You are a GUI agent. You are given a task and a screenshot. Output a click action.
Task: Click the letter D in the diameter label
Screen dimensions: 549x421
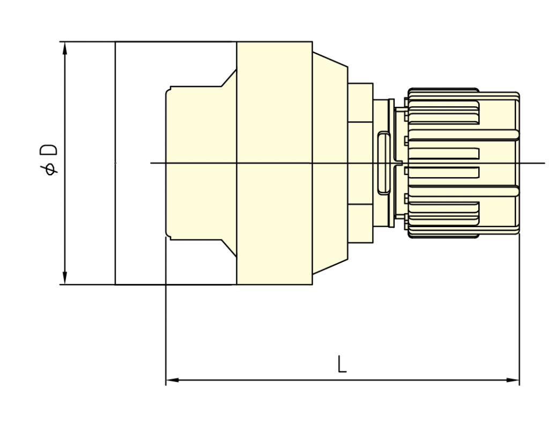(x=48, y=150)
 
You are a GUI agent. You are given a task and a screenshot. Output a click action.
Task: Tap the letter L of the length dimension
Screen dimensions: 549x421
(x=342, y=364)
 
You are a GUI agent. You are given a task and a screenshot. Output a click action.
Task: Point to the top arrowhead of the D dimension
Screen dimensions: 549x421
(x=64, y=48)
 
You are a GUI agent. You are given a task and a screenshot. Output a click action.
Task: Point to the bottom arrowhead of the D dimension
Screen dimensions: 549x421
(x=64, y=278)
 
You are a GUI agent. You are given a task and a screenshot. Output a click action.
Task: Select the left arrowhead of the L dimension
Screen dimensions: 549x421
(x=173, y=380)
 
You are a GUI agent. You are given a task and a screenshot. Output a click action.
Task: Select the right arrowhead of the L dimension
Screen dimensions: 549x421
(x=513, y=380)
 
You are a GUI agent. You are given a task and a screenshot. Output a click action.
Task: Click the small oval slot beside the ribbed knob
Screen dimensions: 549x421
(x=383, y=163)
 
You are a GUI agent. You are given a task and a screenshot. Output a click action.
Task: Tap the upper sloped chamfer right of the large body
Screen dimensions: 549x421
(x=330, y=60)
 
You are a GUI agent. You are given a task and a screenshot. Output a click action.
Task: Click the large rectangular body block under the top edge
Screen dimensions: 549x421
(x=274, y=163)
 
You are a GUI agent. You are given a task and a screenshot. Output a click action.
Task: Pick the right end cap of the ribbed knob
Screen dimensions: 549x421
(x=517, y=163)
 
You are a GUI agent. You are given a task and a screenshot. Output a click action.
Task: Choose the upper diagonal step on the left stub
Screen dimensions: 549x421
(x=228, y=77)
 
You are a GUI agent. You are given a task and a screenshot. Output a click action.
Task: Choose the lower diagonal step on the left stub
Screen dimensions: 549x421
(x=228, y=248)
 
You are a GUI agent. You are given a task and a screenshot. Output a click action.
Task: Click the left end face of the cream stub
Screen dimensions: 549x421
(x=166, y=163)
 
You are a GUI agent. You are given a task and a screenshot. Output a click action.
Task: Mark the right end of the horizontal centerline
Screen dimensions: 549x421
(x=545, y=163)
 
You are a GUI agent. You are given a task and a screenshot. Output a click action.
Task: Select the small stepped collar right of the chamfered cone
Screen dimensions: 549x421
(x=360, y=163)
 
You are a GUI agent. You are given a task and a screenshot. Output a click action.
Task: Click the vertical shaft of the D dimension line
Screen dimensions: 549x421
(x=64, y=163)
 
